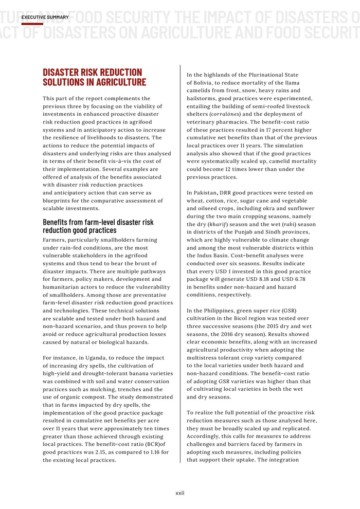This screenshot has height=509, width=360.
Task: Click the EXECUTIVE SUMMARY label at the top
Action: tap(45, 17)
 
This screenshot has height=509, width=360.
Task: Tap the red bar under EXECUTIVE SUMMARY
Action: tap(32, 24)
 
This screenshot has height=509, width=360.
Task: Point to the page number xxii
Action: tap(179, 493)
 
